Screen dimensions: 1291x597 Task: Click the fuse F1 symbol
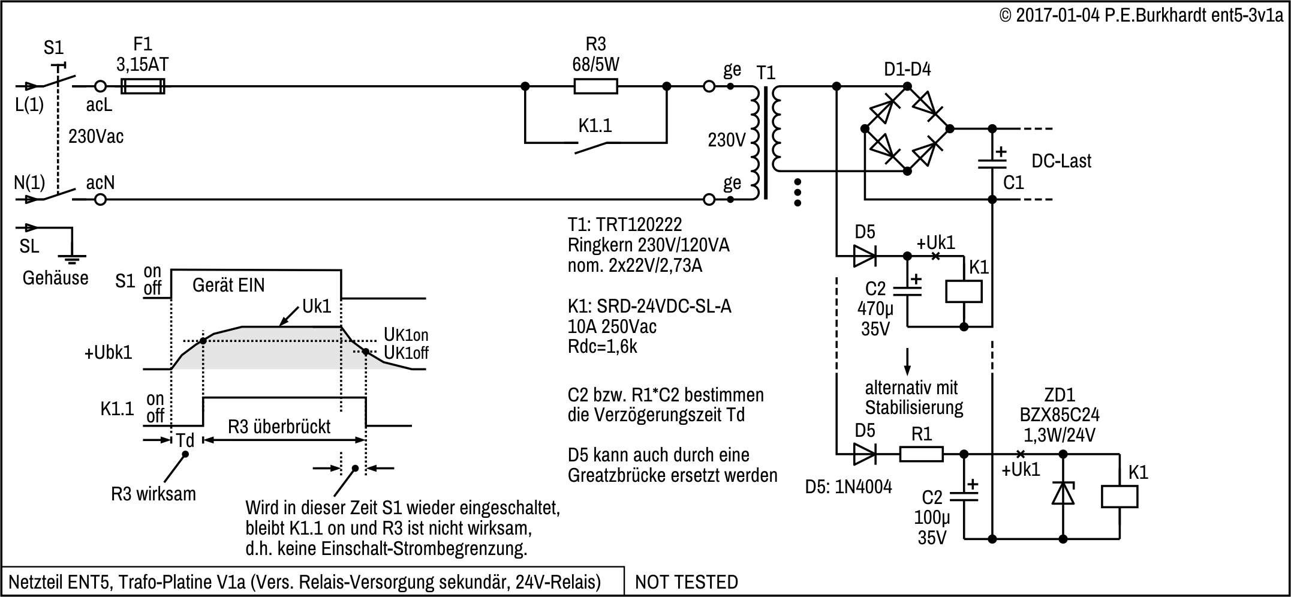click(x=143, y=86)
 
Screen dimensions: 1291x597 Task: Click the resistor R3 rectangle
click(x=595, y=86)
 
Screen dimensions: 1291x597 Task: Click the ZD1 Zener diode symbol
click(x=1063, y=494)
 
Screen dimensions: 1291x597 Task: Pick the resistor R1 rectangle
click(x=922, y=454)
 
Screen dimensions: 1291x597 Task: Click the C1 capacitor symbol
click(x=992, y=163)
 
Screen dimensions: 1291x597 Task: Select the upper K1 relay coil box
click(x=964, y=292)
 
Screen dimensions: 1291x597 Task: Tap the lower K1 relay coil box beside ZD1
click(x=1120, y=497)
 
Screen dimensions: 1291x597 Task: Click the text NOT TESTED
click(x=687, y=582)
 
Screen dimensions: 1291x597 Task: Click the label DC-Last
click(x=1061, y=161)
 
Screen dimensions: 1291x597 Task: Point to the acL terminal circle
click(x=101, y=86)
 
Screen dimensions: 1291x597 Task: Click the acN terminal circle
click(x=101, y=199)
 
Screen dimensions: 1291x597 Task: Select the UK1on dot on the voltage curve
click(x=203, y=341)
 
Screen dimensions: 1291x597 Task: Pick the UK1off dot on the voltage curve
click(x=366, y=351)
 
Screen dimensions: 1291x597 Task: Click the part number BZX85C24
click(x=1060, y=415)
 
